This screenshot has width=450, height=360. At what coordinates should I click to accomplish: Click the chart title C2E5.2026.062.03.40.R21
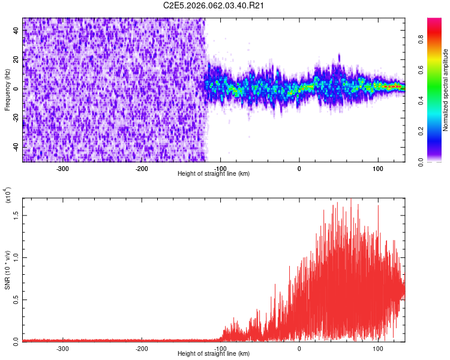pos(214,5)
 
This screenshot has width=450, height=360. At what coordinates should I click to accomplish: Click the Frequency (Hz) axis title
pos(7,89)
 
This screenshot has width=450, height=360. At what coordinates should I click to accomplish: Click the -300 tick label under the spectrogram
pos(63,169)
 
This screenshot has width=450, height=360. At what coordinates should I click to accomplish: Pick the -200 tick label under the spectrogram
pos(142,169)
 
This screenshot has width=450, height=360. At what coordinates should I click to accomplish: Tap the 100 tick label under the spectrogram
pos(378,169)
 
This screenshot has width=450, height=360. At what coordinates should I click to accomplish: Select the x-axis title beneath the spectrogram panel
pos(214,173)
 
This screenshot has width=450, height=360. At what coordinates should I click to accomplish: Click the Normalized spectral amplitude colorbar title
pos(446,90)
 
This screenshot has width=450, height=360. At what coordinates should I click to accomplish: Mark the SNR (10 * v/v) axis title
pos(7,270)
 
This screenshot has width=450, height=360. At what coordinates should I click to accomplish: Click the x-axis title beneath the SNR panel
pos(214,353)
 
